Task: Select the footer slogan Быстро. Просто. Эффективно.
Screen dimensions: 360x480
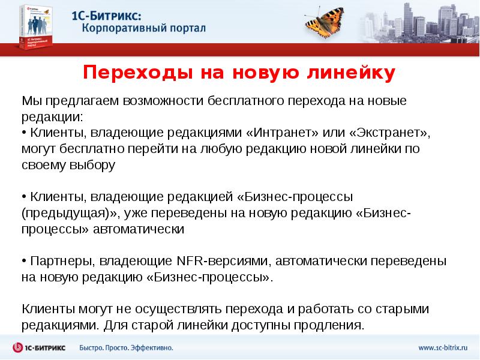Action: [x=127, y=347]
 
